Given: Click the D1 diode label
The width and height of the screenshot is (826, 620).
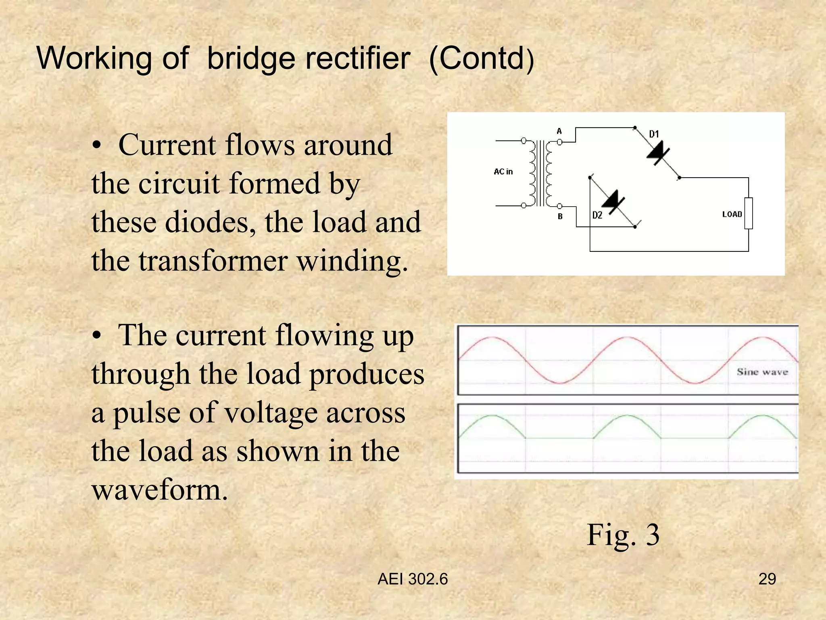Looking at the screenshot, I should click(x=654, y=134).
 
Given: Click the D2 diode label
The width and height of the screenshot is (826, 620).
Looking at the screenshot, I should click(x=597, y=215).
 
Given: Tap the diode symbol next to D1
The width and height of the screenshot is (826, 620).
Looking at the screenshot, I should click(x=658, y=154).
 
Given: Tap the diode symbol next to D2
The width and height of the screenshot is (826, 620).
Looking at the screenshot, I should click(x=613, y=202).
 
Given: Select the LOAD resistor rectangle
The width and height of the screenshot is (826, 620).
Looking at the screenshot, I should click(x=749, y=214).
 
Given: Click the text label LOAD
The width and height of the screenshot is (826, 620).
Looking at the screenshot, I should click(x=732, y=214).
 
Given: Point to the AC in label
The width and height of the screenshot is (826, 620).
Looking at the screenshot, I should click(x=503, y=172).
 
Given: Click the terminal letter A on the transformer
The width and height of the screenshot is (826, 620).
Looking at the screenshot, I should click(x=559, y=131).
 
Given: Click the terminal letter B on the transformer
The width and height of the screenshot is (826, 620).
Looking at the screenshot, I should click(x=560, y=217).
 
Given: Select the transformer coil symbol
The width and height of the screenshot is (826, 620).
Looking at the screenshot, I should click(x=540, y=174).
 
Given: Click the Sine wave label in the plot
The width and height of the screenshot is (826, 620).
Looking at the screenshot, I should click(x=762, y=372).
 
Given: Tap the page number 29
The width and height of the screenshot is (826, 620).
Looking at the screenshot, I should click(x=767, y=579).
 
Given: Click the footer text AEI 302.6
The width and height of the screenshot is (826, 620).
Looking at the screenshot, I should click(x=413, y=579).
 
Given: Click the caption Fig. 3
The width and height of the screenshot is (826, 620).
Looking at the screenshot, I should click(x=623, y=535).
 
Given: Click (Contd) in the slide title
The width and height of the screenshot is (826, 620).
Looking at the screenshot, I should click(x=482, y=59).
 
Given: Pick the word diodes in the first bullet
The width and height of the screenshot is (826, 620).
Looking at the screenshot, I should click(x=210, y=222).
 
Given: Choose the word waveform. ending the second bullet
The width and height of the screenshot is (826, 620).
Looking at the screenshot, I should click(x=160, y=490).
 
